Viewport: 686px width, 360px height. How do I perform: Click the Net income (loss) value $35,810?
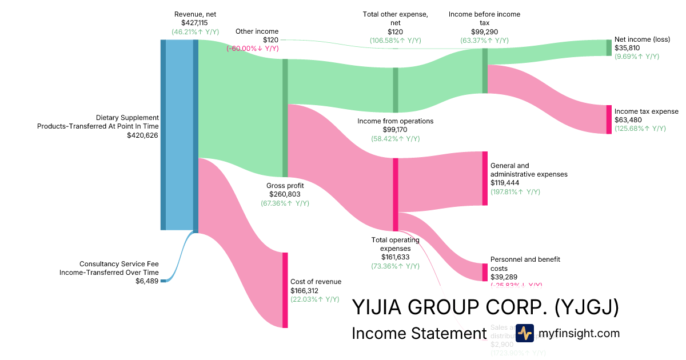pyautogui.click(x=627, y=48)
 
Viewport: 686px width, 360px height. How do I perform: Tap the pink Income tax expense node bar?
pyautogui.click(x=609, y=119)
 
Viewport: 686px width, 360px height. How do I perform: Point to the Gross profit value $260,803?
pyautogui.click(x=285, y=194)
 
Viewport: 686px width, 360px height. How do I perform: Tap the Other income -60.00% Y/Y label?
pyautogui.click(x=253, y=49)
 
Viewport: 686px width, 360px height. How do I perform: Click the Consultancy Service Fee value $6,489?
pyautogui.click(x=147, y=281)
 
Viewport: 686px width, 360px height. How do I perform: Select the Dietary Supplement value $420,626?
pyautogui.click(x=142, y=135)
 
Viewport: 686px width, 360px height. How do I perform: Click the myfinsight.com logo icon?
pyautogui.click(x=524, y=333)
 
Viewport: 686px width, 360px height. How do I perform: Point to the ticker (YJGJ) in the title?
pyautogui.click(x=587, y=307)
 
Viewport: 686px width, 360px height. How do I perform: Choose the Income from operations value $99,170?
pyautogui.click(x=395, y=130)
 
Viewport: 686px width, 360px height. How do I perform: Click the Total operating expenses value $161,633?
pyautogui.click(x=395, y=257)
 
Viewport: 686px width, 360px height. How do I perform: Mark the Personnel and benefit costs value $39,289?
pyautogui.click(x=503, y=277)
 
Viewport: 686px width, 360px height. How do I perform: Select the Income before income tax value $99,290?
pyautogui.click(x=484, y=31)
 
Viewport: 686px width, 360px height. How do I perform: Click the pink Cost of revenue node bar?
pyautogui.click(x=285, y=290)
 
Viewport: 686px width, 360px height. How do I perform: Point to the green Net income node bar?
pyautogui.click(x=609, y=47)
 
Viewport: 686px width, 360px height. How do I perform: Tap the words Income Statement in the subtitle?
pyautogui.click(x=418, y=333)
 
